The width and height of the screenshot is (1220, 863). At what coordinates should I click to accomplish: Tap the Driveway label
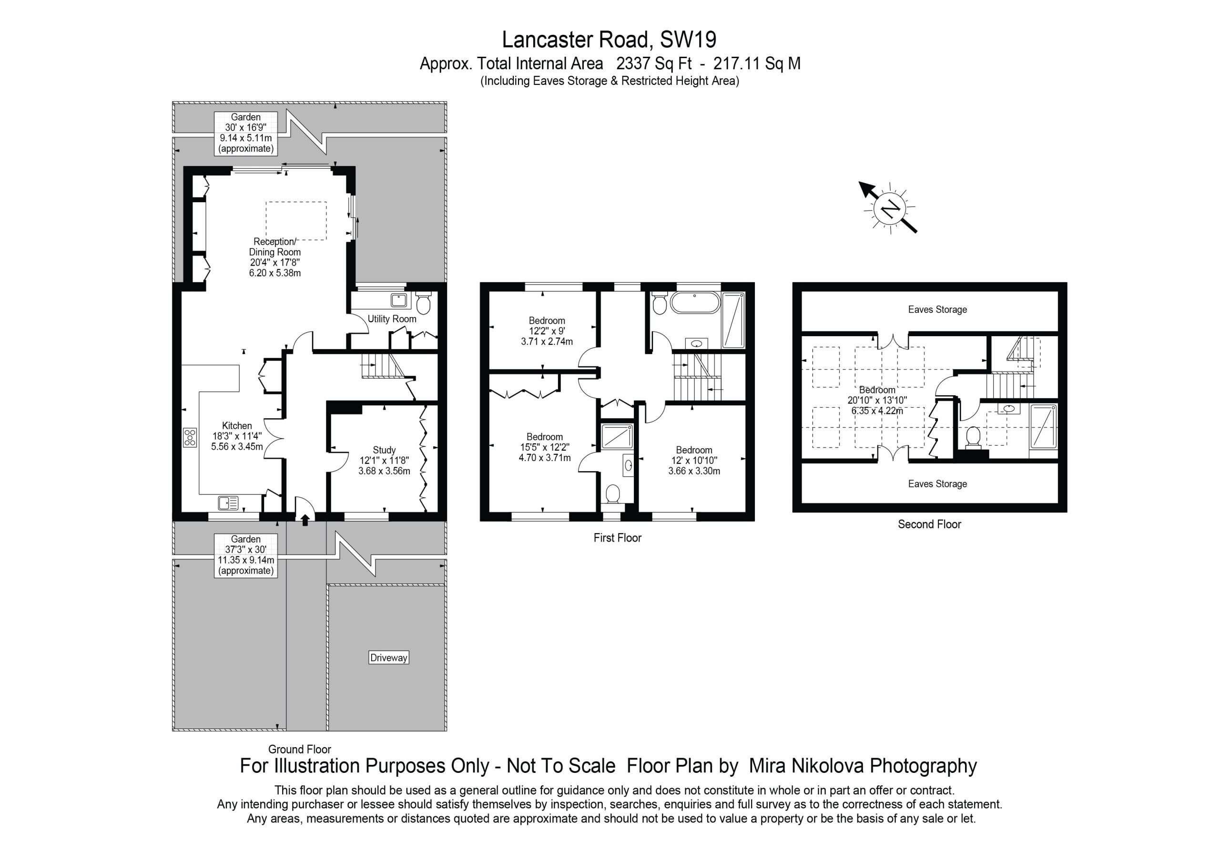point(388,658)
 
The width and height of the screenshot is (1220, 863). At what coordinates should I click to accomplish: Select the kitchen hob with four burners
point(190,437)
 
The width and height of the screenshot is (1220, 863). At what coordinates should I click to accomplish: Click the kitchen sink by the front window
point(228,503)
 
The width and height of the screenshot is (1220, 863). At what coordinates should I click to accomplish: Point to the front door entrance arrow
point(305,520)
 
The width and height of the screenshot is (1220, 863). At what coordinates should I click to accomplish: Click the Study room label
point(384,450)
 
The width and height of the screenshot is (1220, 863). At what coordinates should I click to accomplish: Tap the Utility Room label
point(392,318)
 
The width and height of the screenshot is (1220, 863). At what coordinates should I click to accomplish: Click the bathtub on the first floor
point(695,304)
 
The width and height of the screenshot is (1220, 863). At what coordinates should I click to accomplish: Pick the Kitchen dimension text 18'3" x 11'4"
point(237,436)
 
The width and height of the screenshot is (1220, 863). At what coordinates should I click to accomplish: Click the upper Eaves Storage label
point(937,309)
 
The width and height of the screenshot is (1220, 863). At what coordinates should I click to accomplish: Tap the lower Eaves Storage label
point(937,484)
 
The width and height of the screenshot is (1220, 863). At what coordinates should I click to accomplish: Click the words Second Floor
point(929,524)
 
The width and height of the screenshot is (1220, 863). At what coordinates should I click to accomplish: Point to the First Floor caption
point(618,537)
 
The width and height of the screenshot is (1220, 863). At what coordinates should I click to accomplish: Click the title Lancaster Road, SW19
point(610,40)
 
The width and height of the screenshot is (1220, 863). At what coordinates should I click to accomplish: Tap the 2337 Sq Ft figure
point(654,64)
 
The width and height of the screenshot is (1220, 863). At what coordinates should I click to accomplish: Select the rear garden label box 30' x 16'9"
point(245,133)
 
